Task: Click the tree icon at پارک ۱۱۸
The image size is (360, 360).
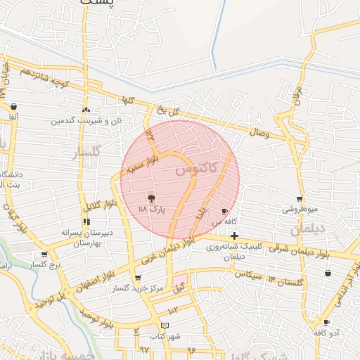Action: click(150, 199)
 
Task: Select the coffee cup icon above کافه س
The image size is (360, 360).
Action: click(225, 211)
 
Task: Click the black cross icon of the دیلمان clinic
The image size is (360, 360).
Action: click(234, 236)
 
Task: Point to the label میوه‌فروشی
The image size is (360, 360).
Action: click(300, 209)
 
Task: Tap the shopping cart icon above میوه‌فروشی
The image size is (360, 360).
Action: click(300, 199)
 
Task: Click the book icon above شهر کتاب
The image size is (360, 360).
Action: click(165, 326)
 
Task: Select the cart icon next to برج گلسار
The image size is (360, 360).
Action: click(44, 255)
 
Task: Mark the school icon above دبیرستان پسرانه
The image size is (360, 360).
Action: click(86, 221)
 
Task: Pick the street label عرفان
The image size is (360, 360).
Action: click(297, 96)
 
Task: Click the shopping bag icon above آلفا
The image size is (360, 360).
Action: click(14, 106)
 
